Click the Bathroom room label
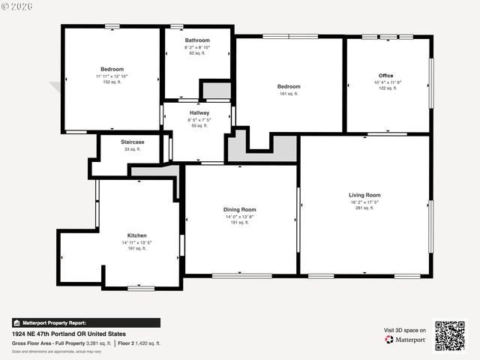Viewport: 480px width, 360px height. pos(197,40)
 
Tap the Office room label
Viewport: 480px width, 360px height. pos(385,76)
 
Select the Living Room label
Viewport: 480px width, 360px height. pos(364,195)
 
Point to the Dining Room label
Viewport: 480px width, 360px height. pos(239,209)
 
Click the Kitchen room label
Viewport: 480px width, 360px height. pos(136,235)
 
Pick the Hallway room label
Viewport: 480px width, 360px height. pos(199,112)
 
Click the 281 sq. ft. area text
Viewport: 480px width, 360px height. pos(364,208)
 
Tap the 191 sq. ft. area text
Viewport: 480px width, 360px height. pos(239,223)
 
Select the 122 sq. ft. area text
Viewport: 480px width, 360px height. pos(385,88)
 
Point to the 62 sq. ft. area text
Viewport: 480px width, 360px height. pos(197,53)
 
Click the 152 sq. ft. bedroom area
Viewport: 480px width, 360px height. pos(112,82)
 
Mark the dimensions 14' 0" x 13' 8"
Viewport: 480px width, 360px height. pos(239,216)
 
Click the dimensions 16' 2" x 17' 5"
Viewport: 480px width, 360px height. pos(364,202)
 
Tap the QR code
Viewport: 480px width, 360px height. pos(450,335)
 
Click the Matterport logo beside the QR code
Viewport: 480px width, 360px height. pos(406,340)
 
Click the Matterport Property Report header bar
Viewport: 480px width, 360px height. pos(85,322)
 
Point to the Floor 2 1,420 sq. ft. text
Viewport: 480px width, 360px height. pos(139,343)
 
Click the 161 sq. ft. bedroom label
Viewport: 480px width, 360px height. pos(289,94)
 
